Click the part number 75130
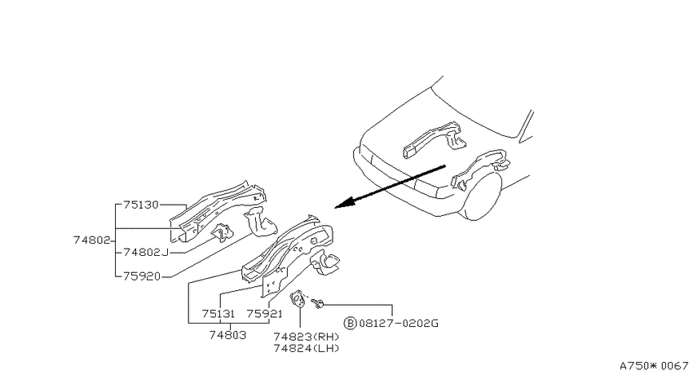(140, 205)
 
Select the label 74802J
(146, 252)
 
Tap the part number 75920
(141, 276)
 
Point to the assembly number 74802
(91, 240)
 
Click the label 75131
(218, 314)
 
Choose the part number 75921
(264, 314)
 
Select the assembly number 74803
(227, 335)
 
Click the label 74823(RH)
(307, 337)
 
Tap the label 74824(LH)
(307, 349)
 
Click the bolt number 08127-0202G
(398, 324)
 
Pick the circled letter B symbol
(350, 324)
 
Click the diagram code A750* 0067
(654, 366)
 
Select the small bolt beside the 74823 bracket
(317, 303)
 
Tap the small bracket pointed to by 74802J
(222, 232)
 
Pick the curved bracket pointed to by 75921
(325, 262)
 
